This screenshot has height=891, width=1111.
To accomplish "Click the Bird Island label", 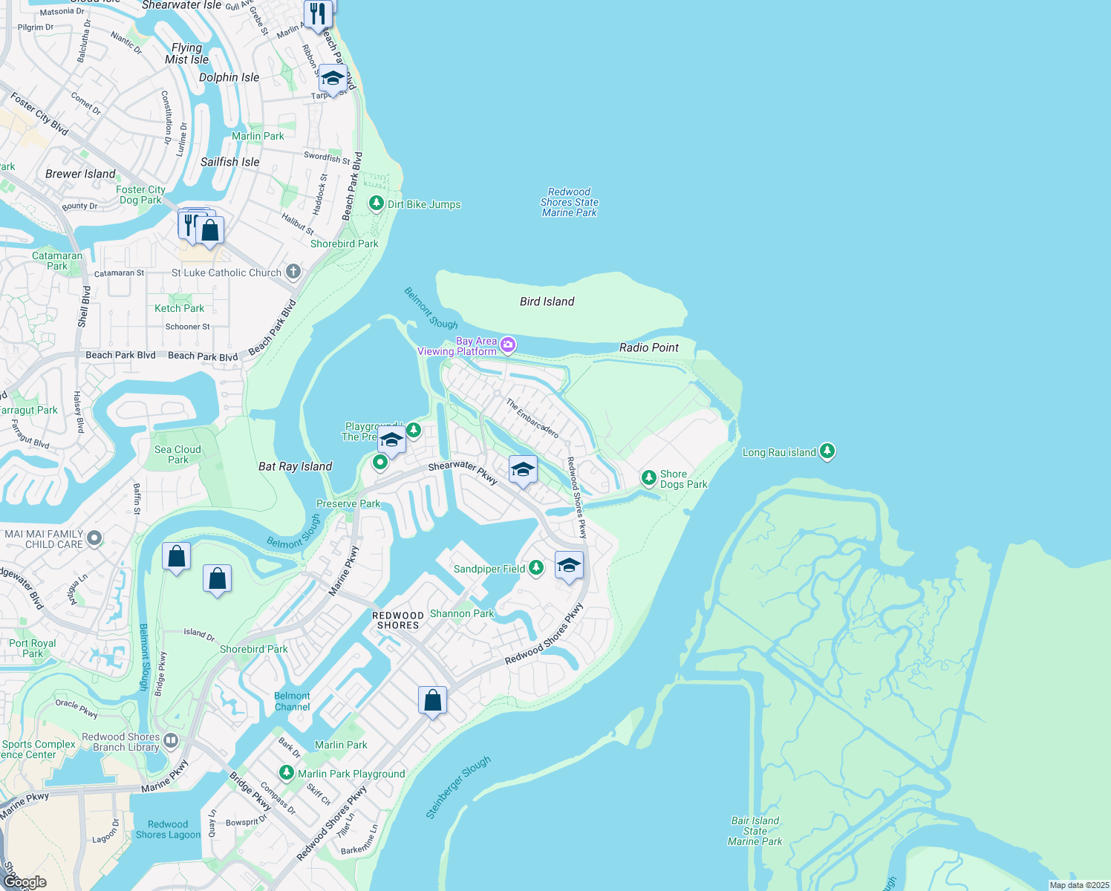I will click(547, 301).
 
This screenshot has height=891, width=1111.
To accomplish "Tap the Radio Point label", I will click(649, 347).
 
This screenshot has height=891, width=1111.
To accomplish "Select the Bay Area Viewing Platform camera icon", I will click(508, 344).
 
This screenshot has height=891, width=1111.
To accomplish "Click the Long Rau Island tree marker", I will click(827, 451).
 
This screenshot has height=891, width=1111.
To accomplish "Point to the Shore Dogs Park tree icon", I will click(648, 477).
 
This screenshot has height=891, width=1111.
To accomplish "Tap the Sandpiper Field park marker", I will click(535, 568).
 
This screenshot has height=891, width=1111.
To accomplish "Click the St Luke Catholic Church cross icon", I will click(293, 272).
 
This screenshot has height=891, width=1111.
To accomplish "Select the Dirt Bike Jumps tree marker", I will click(377, 203).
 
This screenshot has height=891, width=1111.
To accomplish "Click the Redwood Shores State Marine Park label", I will click(569, 202).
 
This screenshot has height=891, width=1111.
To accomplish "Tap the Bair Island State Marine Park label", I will click(755, 831).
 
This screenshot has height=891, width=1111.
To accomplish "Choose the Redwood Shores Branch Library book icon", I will click(171, 740).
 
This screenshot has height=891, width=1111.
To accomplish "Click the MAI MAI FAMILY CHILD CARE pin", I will click(94, 538).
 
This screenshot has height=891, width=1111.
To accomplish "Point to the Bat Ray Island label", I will click(295, 466).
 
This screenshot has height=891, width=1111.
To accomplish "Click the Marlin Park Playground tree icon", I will click(286, 773).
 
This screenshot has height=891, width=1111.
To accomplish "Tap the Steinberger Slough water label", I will click(458, 787).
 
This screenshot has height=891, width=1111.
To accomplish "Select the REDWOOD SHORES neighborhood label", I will click(398, 620).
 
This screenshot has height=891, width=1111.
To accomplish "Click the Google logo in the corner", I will click(25, 881).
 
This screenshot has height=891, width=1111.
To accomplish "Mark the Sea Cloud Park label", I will click(177, 454).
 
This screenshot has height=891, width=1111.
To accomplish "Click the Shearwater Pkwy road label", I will click(463, 471).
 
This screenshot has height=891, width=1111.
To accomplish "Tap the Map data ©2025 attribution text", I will click(1079, 885).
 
